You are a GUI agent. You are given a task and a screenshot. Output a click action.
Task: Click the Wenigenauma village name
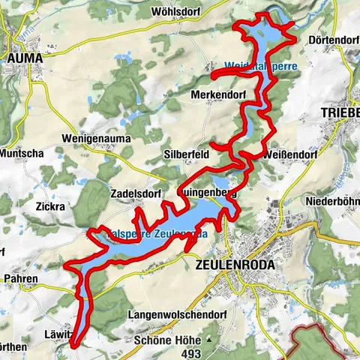pyautogui.click(x=97, y=139)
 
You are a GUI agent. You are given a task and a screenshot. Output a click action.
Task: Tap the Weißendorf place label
pyautogui.click(x=291, y=154)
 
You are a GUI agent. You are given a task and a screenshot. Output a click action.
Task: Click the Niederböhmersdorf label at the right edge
pyautogui.click(x=334, y=201)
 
